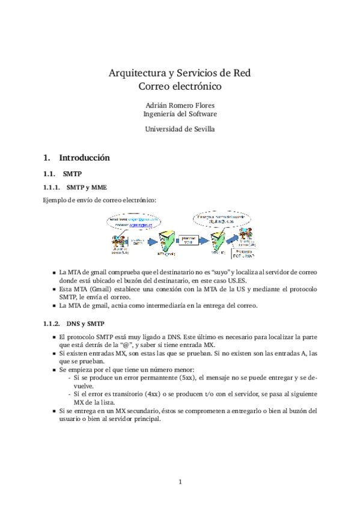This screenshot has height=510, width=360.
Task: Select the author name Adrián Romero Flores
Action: (180, 103)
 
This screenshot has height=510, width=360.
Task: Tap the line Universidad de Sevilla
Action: (180, 129)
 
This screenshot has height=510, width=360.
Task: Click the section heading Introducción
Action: (84, 158)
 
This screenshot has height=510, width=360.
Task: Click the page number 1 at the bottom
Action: (180, 481)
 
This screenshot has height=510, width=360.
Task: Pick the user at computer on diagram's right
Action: (243, 236)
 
